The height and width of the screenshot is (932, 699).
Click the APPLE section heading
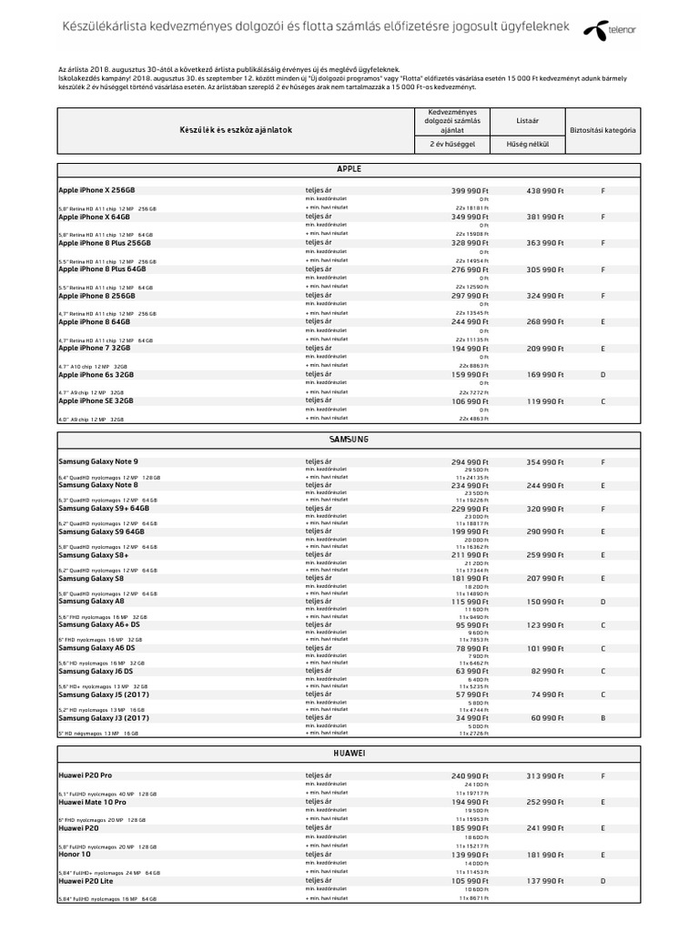point(349,169)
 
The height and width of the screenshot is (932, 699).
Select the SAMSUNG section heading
point(349,439)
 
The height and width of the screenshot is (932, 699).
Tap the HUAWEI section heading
point(349,753)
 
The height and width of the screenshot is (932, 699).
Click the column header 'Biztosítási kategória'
point(603,130)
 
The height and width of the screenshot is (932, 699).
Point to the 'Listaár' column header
point(527,119)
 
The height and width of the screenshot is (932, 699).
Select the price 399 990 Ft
point(470,190)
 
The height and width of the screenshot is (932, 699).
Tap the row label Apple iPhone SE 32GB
point(96,400)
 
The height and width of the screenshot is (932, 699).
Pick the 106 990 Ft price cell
point(470,400)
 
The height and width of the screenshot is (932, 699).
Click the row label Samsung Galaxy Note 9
point(98,461)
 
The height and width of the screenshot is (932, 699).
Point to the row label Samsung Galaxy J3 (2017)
point(103,718)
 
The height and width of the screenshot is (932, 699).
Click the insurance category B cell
point(603,718)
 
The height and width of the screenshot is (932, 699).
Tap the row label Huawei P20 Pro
point(85,775)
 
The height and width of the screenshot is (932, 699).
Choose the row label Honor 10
point(75,855)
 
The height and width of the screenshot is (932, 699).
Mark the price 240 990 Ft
point(470,775)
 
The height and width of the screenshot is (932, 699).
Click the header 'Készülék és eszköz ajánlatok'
point(236,130)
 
